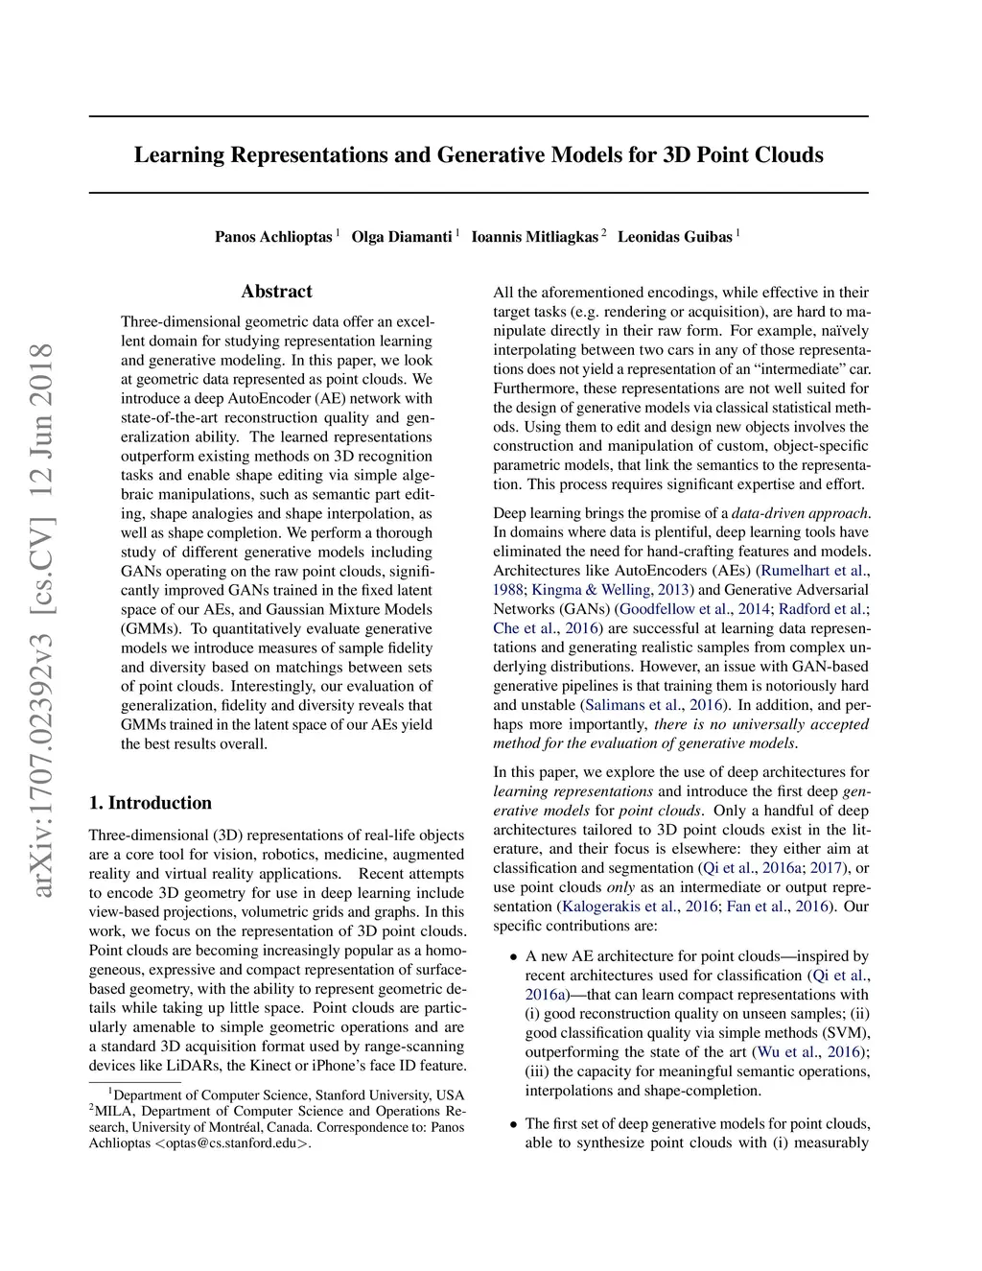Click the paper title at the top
click(x=479, y=155)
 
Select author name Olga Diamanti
click(x=402, y=237)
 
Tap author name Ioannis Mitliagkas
click(x=534, y=237)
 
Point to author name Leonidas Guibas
click(x=674, y=237)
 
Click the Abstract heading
click(x=276, y=292)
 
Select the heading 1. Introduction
click(x=151, y=803)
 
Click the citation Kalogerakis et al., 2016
click(x=638, y=906)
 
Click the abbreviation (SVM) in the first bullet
click(x=848, y=1033)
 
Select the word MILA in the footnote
click(x=114, y=1112)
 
